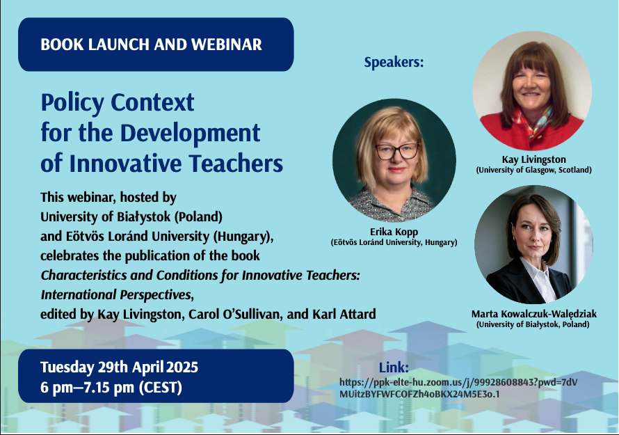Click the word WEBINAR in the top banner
click(x=227, y=45)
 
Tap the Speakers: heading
click(x=394, y=63)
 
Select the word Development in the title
click(x=190, y=134)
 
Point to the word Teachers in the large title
click(x=236, y=163)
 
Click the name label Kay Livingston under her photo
click(x=533, y=159)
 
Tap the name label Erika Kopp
click(x=394, y=232)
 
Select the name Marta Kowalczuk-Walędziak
click(x=533, y=314)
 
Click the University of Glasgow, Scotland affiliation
click(x=533, y=170)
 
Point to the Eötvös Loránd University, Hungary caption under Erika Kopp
click(x=394, y=242)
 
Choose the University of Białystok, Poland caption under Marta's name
click(x=533, y=324)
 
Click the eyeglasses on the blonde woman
click(x=396, y=151)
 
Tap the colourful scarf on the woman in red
click(x=533, y=120)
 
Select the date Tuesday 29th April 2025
click(x=119, y=367)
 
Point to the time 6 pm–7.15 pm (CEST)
click(x=111, y=387)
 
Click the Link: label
click(x=394, y=367)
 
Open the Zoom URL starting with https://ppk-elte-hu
click(x=458, y=388)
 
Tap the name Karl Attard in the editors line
click(x=344, y=314)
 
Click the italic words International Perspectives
click(x=118, y=294)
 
